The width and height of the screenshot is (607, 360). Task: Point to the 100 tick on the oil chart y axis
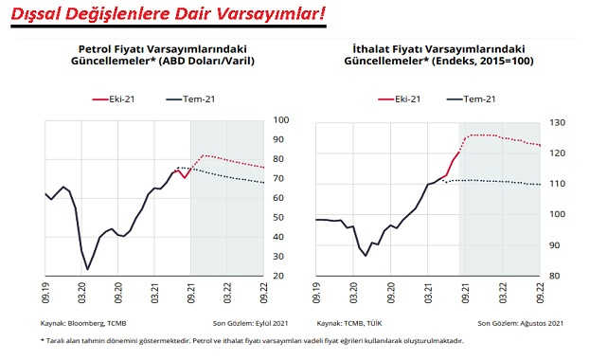[x=282, y=119]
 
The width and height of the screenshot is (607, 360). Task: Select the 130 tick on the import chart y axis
[x=559, y=123]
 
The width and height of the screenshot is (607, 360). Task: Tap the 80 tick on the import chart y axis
[x=556, y=277]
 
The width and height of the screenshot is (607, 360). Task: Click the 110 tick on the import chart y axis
[x=559, y=184]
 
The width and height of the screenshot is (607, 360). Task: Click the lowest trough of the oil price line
[x=88, y=269]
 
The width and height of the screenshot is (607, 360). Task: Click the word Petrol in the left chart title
[x=97, y=47]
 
